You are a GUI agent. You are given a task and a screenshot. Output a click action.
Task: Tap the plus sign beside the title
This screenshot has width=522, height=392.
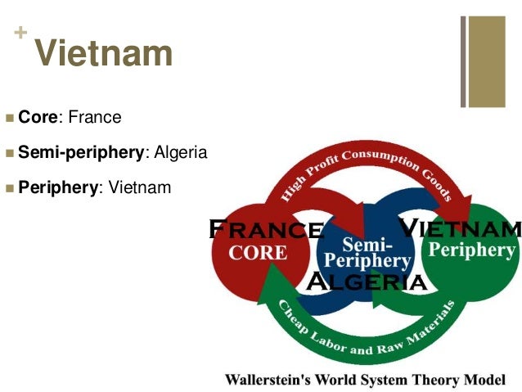tap(20, 34)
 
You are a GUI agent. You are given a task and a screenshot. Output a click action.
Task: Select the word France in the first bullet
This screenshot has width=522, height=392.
tap(95, 118)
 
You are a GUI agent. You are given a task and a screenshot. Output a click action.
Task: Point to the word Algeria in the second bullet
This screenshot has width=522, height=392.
tap(180, 153)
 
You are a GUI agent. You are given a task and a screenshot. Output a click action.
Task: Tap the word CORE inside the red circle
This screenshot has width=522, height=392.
tap(258, 252)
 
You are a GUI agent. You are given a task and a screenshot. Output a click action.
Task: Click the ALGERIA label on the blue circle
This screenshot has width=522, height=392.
tap(366, 282)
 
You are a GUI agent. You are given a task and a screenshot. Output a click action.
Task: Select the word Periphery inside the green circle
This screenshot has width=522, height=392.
tap(472, 250)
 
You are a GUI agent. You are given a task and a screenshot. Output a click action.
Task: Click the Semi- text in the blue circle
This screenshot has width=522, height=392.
tap(367, 245)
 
